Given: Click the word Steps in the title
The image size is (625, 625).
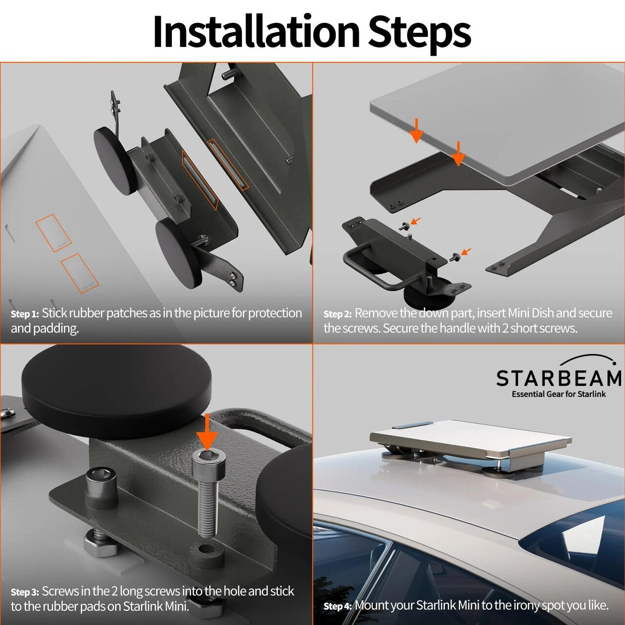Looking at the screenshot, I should coord(419,32).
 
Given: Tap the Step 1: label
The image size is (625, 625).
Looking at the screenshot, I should coord(24,314).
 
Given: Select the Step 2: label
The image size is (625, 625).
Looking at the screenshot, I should coord(337,314).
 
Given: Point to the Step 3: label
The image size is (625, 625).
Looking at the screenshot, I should coord(24,592).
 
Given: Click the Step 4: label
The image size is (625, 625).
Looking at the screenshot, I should coord(337,606).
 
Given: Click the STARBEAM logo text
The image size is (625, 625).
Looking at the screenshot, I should coord(559,378).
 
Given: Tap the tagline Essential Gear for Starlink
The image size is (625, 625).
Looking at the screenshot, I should coord(559,394).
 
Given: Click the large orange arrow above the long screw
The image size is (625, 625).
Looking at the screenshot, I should coord(208,432).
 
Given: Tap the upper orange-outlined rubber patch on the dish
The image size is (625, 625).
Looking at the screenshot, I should coord(53,232).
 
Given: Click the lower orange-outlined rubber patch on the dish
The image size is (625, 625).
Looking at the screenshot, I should coord(80,273).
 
